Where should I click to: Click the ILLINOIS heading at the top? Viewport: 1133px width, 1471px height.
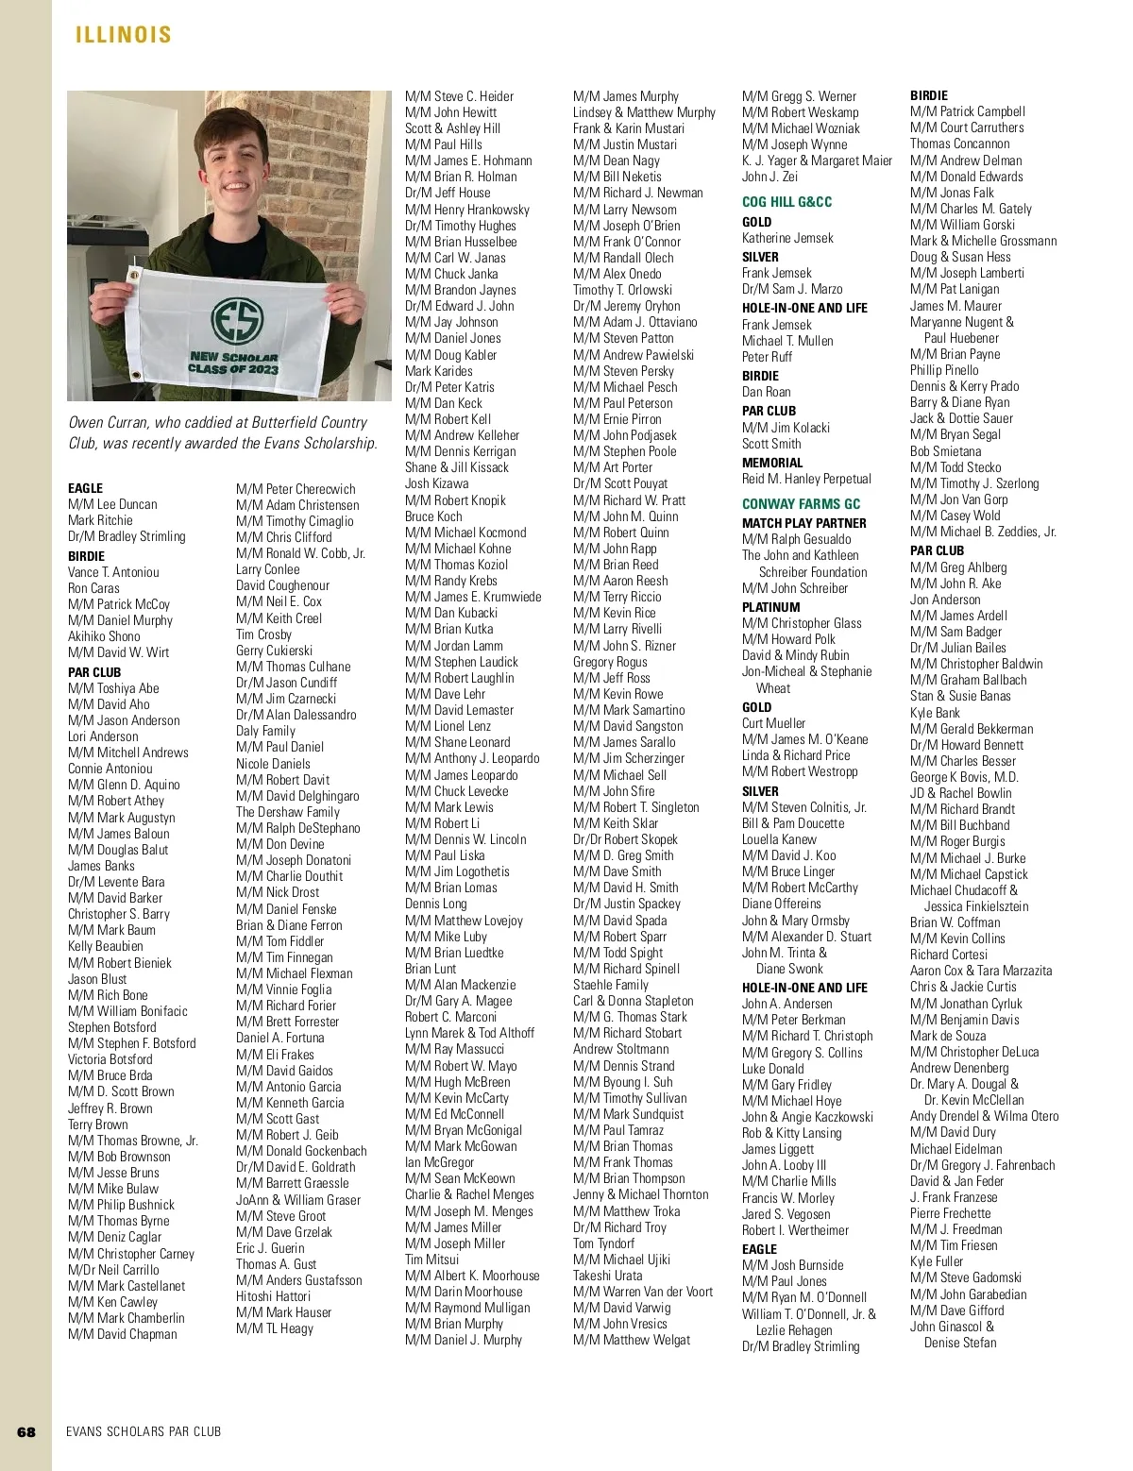124,35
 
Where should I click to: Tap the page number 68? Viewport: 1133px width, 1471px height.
26,1431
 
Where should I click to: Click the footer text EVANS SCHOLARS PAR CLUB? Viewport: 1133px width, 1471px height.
144,1431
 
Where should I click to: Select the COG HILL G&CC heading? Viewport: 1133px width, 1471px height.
786,201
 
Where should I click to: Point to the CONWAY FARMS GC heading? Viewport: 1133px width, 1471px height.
801,504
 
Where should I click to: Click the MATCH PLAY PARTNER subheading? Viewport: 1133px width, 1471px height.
803,522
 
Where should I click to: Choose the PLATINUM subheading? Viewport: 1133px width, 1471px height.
770,607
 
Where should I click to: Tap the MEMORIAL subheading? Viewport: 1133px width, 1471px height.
772,463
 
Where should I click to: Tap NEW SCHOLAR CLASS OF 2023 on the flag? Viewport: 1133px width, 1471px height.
233,364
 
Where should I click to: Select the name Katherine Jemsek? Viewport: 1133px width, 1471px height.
787,238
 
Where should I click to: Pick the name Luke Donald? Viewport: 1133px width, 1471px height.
772,1069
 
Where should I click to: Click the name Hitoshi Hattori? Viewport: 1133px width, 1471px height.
273,1296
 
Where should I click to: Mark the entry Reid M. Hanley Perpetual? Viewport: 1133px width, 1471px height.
806,479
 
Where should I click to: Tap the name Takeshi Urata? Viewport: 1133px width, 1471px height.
607,1275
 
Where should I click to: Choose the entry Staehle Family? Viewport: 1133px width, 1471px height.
611,985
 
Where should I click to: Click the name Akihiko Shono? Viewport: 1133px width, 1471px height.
104,636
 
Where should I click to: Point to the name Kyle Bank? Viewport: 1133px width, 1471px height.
935,713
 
